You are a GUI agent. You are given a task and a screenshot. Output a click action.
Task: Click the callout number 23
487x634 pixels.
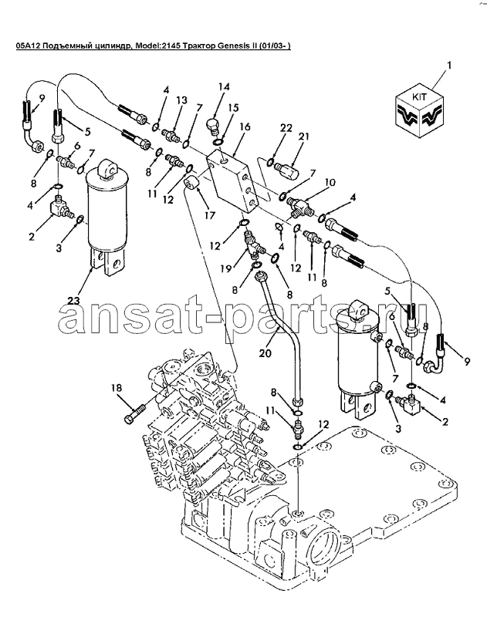coord(74,301)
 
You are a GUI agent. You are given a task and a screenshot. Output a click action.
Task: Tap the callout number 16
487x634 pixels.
coord(245,126)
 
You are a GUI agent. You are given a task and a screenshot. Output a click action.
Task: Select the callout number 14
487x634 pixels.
coord(224,86)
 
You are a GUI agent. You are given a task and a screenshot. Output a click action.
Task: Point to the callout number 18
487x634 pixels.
coord(116,388)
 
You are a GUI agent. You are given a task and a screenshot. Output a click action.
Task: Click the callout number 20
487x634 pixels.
coord(265,353)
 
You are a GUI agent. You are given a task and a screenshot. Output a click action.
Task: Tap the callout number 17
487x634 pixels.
coord(209,215)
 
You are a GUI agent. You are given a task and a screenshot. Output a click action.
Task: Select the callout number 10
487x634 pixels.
coord(330,182)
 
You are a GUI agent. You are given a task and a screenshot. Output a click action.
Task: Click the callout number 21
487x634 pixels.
coord(303,137)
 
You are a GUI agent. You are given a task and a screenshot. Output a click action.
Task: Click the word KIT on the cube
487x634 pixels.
coord(419,98)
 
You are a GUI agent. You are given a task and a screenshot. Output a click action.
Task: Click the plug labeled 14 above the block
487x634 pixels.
coord(212,126)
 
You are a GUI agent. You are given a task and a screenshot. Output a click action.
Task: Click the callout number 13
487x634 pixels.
coord(181,99)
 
